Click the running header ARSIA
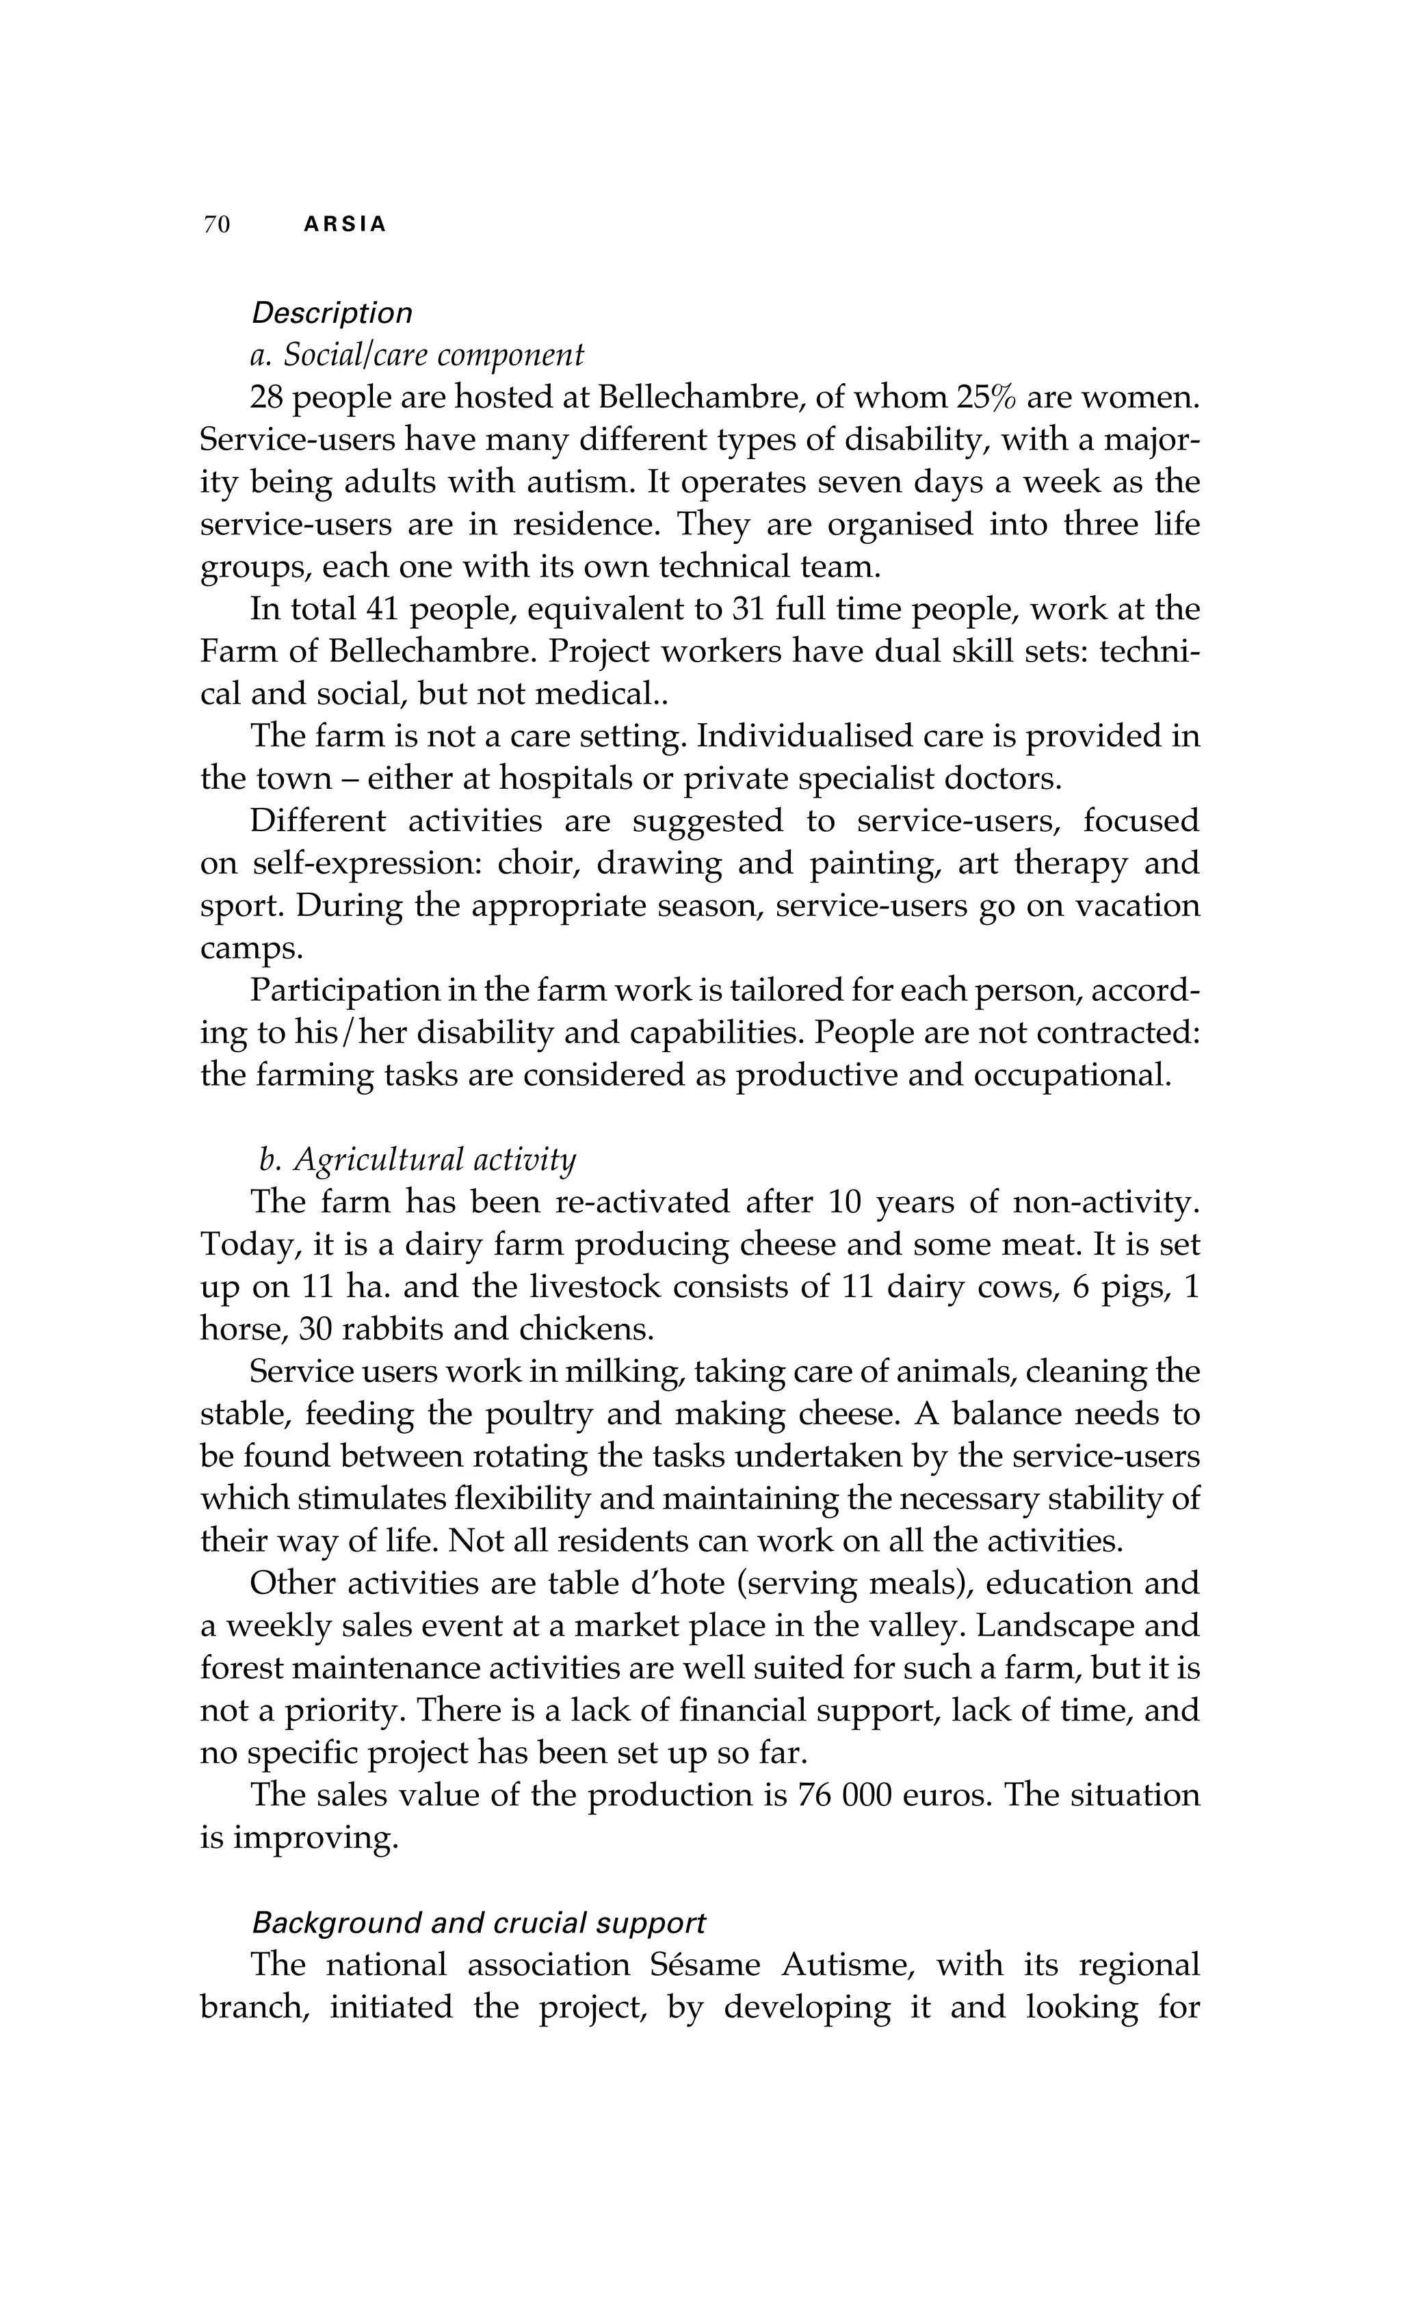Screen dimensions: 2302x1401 [x=345, y=225]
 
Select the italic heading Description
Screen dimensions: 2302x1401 [x=332, y=313]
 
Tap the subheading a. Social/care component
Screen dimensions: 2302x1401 [x=417, y=355]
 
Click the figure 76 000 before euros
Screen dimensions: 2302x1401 [x=844, y=1796]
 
